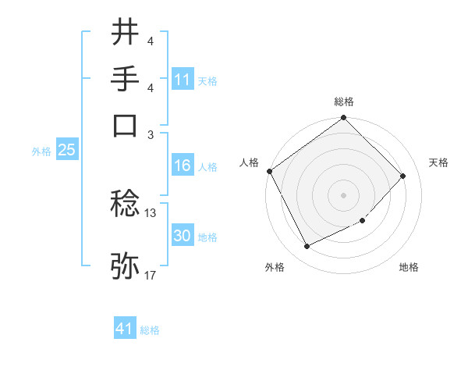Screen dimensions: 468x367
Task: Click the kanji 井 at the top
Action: coord(126,33)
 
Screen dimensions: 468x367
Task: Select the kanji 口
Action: coord(126,124)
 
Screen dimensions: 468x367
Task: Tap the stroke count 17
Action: coord(151,275)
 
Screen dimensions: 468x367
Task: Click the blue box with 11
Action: coord(183,79)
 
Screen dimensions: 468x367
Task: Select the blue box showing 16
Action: coord(183,166)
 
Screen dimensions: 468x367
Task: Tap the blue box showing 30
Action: coord(183,236)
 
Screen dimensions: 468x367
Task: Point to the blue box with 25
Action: coord(66,151)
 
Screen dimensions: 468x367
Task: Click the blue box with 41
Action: coord(125,330)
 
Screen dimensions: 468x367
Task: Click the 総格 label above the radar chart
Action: coord(344,102)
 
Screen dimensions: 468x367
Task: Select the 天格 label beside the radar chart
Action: coord(438,162)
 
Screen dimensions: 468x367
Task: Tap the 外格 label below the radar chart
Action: coord(275,267)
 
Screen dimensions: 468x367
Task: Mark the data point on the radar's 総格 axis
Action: coord(344,119)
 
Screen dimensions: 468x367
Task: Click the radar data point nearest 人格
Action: coord(270,171)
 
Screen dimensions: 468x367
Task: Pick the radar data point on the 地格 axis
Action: coord(362,221)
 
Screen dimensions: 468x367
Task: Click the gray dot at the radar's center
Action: coord(344,194)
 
